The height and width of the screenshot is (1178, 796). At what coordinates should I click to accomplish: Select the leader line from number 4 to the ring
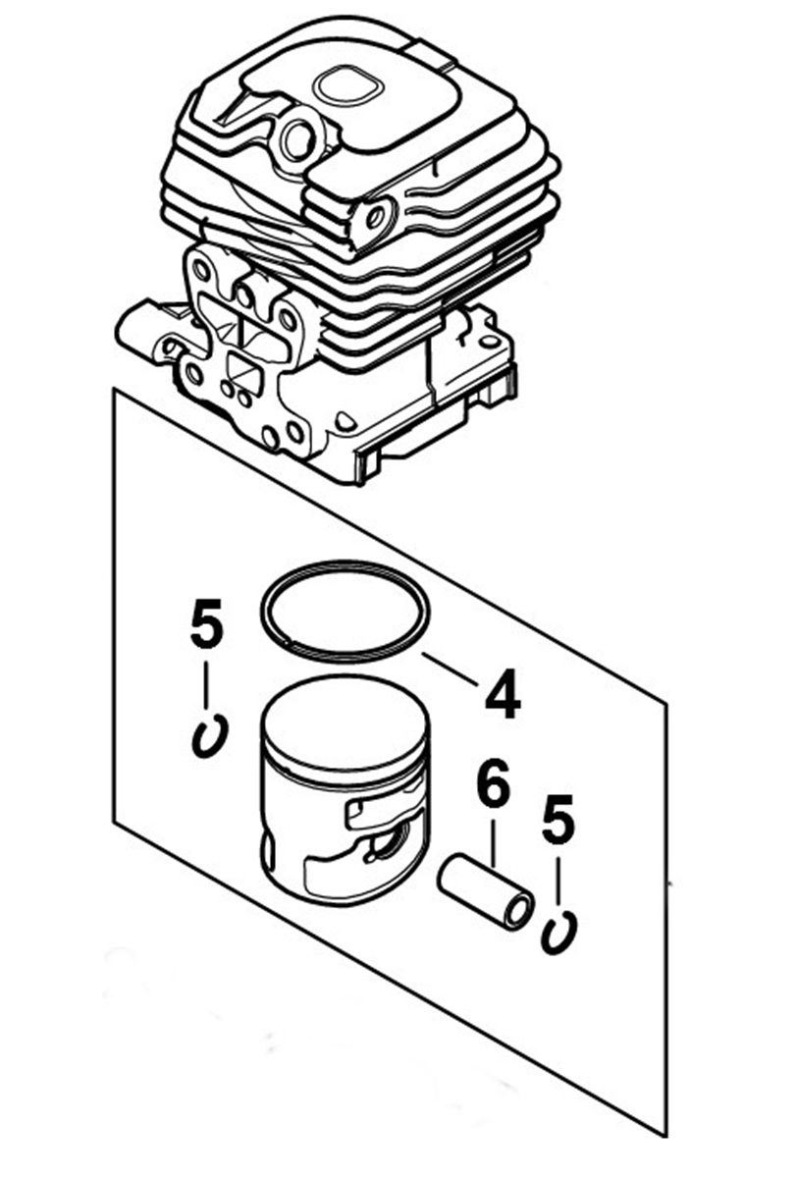[x=450, y=669]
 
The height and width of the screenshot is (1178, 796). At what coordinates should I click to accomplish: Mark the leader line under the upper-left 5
[x=207, y=686]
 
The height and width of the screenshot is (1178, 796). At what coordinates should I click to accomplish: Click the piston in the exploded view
[x=345, y=789]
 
